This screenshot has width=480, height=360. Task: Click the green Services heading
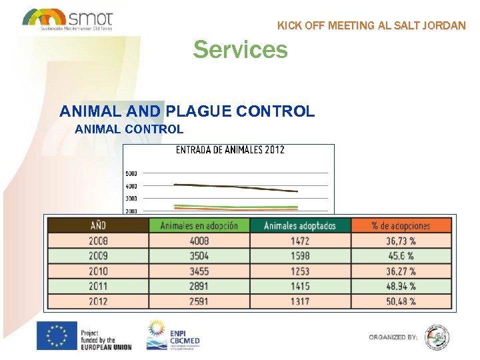tap(240, 49)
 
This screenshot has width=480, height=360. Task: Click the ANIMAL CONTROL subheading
tap(129, 129)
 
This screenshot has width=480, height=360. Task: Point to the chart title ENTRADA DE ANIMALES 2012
tap(230, 149)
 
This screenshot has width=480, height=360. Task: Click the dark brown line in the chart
tap(233, 187)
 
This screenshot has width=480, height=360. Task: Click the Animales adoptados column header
tap(300, 225)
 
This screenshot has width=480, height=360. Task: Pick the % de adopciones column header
tap(401, 225)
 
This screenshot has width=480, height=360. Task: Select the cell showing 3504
tap(199, 256)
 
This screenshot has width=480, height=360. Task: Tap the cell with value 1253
tap(300, 271)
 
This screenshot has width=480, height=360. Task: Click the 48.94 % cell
tap(401, 286)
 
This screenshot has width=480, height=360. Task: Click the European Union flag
tap(57, 336)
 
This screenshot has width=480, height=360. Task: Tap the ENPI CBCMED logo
tap(175, 335)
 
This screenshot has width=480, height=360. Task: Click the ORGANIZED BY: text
tap(393, 337)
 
